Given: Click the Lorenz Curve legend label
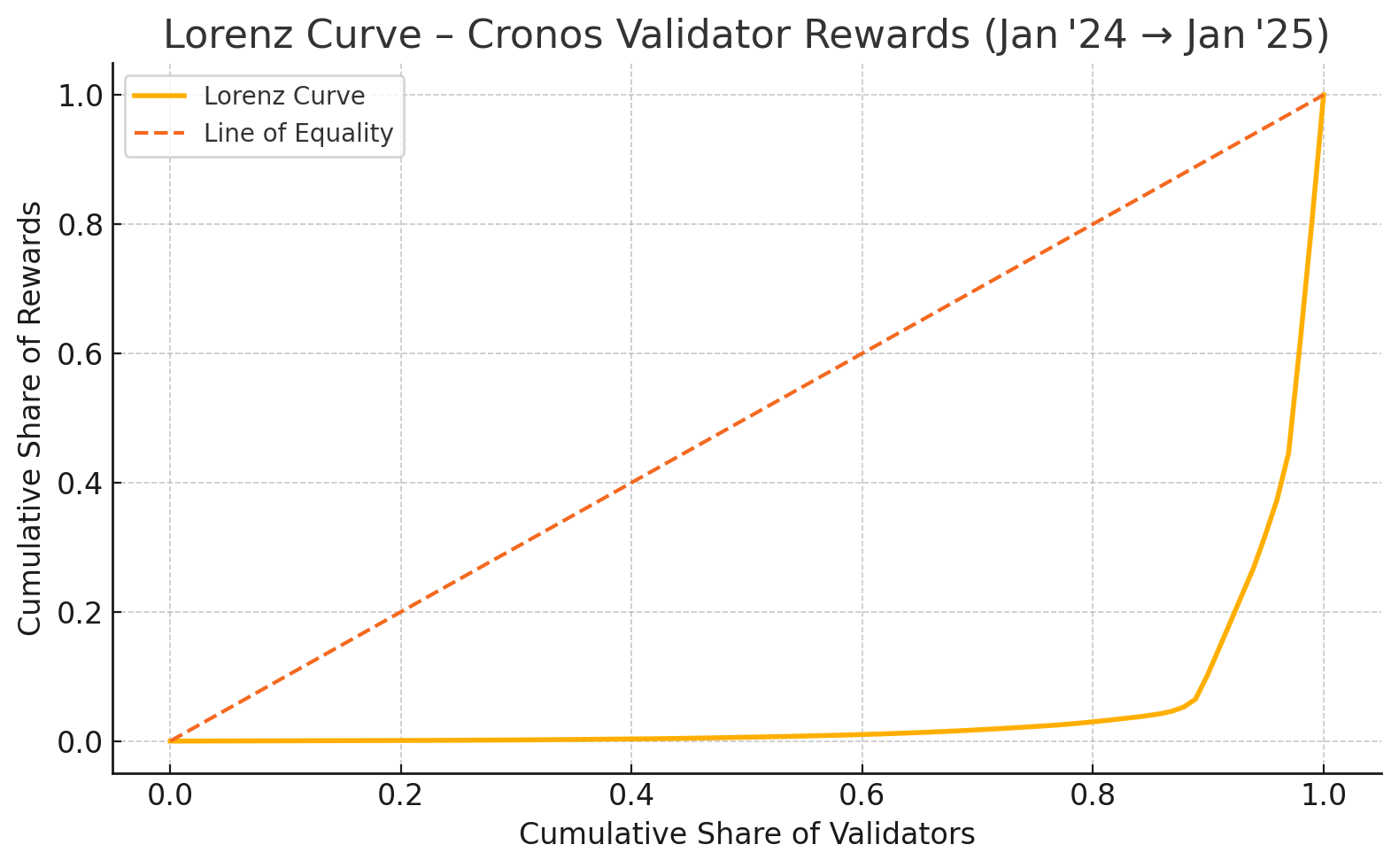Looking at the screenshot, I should click(284, 96).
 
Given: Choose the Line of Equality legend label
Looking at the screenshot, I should click(298, 133).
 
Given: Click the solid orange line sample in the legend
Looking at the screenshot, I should click(160, 96).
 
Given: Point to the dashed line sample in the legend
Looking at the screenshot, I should click(160, 133).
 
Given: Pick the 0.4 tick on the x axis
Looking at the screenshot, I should click(631, 794).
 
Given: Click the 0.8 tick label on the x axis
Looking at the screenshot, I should click(1093, 794).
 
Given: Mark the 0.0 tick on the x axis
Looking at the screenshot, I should click(170, 794).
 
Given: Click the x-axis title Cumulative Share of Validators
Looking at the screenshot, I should click(746, 834).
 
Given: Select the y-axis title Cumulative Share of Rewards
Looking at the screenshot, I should click(31, 418).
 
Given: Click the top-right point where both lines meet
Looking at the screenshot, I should click(1324, 95).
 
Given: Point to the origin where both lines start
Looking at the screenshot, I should click(170, 741).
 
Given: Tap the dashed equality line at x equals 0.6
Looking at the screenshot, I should click(862, 353).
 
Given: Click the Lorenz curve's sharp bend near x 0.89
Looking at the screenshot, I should click(1195, 700).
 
